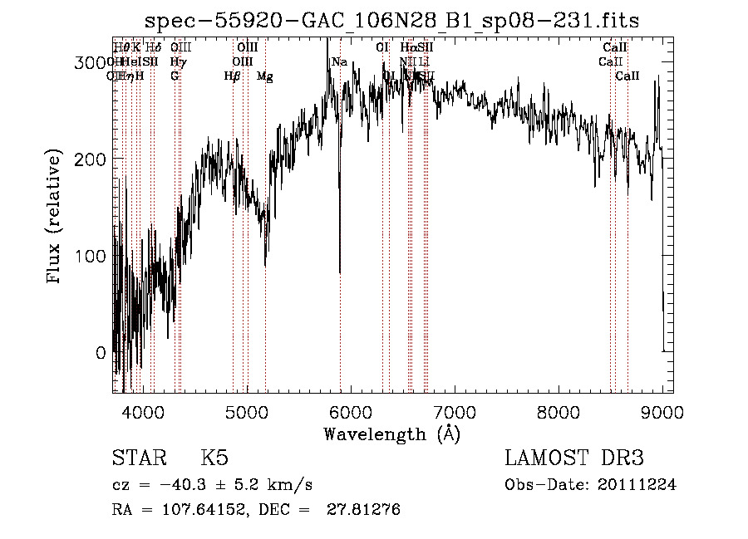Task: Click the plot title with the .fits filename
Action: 392,20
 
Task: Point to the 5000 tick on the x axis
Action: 246,411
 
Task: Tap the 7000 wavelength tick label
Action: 455,411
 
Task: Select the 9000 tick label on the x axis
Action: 662,411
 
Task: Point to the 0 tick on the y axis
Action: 101,353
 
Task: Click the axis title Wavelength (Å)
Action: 391,434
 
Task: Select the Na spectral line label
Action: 339,62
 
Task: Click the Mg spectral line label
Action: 264,76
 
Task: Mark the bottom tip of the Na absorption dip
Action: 339,272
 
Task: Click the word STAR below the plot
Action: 138,458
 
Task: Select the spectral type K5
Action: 214,458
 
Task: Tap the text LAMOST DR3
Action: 574,458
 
